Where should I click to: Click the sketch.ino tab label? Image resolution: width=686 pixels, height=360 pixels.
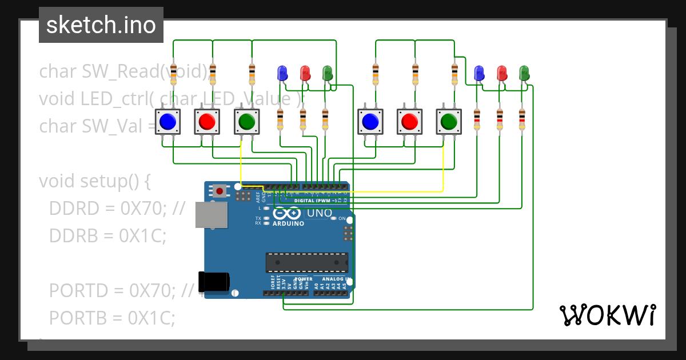point(101,25)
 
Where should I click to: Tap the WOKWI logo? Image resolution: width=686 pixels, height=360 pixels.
point(607,315)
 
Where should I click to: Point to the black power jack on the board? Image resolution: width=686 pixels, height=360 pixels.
point(214,282)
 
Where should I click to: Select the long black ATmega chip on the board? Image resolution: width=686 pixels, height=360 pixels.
point(306,262)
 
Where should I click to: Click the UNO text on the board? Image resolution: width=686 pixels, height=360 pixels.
point(320,213)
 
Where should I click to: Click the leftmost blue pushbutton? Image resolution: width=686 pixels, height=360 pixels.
point(167,122)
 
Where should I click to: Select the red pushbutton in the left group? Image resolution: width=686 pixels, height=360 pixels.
point(207,122)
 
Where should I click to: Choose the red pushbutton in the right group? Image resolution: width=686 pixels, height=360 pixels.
point(410,122)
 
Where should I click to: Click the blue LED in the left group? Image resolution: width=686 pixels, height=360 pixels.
point(282,73)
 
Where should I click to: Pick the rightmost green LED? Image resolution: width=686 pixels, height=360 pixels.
point(524,73)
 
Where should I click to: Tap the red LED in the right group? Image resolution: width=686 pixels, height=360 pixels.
point(502,73)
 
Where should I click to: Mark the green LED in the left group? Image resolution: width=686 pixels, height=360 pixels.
point(328,73)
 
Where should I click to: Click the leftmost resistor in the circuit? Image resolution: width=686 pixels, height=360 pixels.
point(174,74)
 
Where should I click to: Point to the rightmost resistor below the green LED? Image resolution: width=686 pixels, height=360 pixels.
point(521,119)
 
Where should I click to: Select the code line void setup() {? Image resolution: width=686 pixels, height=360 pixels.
point(94,181)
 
